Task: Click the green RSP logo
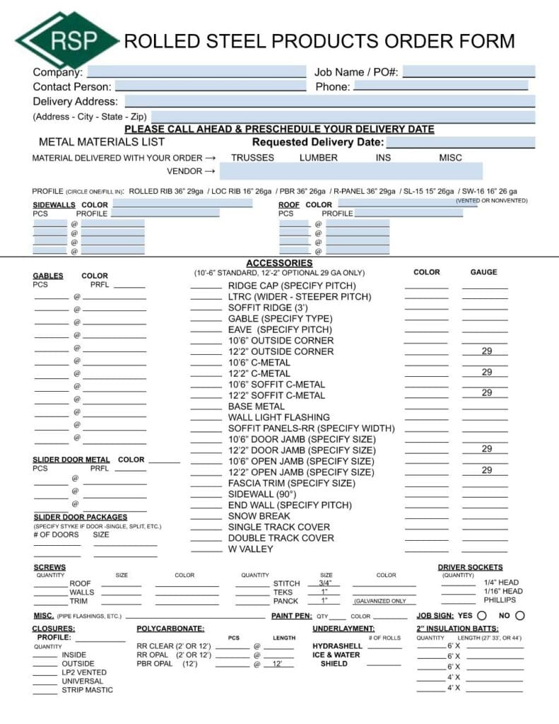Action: [67, 40]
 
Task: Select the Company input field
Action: [196, 71]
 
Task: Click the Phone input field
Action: [440, 86]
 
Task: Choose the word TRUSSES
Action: [252, 158]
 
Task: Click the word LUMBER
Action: [318, 158]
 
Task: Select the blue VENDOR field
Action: [351, 171]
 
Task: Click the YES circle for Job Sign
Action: [482, 616]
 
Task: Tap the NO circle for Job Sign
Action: [520, 616]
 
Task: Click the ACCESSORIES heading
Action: [279, 263]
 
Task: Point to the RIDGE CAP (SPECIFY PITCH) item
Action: [292, 286]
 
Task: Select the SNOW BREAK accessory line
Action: [259, 516]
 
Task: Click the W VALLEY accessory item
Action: [250, 549]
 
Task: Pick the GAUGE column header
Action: [483, 272]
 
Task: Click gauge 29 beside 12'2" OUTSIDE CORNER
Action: [487, 351]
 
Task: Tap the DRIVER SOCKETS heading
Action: [470, 567]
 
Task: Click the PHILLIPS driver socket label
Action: [500, 600]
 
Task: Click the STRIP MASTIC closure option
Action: [87, 690]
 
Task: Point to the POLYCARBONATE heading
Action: [170, 629]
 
